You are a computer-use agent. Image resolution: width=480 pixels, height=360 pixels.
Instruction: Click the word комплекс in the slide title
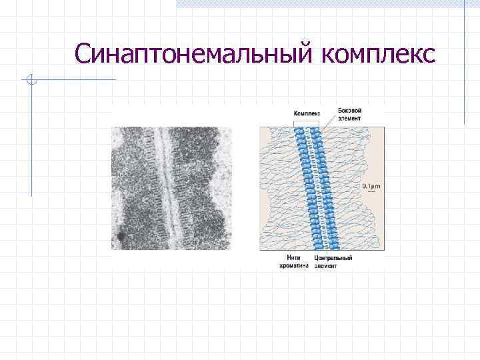tap(378, 54)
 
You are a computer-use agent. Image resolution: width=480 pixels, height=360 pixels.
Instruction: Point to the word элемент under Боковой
tap(350, 118)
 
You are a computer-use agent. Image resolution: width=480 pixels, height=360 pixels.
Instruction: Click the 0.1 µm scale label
tap(371, 186)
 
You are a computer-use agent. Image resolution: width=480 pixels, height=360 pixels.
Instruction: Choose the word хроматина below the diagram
tap(294, 265)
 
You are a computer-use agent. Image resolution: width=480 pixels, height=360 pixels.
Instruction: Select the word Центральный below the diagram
tap(333, 257)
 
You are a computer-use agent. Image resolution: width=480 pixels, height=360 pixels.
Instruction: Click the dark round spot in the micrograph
tap(121, 236)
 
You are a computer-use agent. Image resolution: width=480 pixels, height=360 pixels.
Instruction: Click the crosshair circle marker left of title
tap(31, 81)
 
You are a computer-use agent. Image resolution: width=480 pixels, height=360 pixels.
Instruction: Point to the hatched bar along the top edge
tap(320, 3)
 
